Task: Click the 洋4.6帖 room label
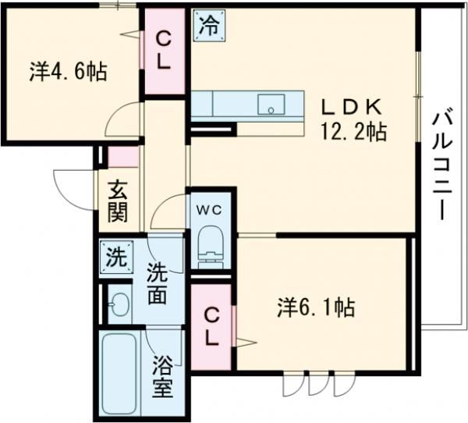tap(69, 72)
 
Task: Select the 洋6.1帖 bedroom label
tap(316, 308)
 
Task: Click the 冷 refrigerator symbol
tap(208, 24)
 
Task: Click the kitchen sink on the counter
tap(272, 104)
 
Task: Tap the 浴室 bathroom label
tap(162, 377)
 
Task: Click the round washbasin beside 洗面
tap(119, 304)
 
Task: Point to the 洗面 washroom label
tap(158, 284)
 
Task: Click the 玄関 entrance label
tap(119, 200)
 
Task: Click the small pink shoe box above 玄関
tap(122, 157)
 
